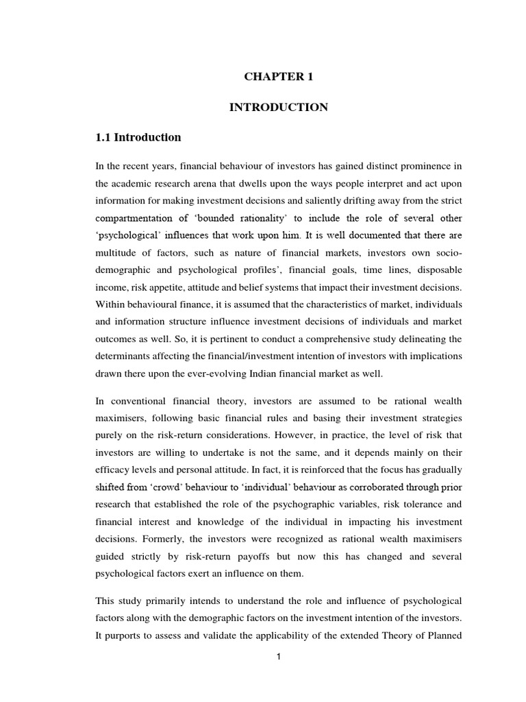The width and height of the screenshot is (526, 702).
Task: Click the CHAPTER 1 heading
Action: (x=278, y=77)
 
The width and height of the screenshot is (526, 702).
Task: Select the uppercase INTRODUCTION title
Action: (x=278, y=107)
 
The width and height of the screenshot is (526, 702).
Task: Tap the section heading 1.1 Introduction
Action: (x=138, y=137)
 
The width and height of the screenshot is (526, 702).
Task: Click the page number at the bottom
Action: (x=279, y=656)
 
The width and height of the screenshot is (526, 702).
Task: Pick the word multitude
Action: (x=118, y=254)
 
